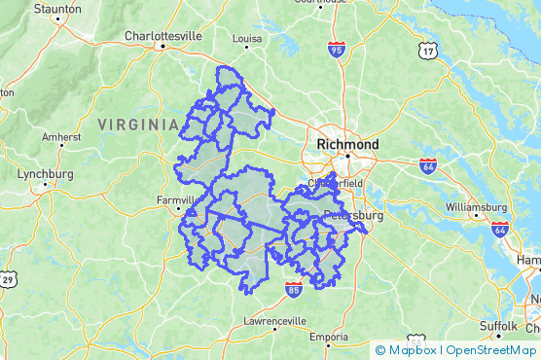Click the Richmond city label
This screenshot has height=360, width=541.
click(341, 144)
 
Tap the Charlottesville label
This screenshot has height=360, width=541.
click(163, 36)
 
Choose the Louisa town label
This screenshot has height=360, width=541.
click(247, 39)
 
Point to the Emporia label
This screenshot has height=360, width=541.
click(329, 337)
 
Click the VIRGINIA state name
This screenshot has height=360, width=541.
click(138, 124)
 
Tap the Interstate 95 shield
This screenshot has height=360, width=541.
click(337, 50)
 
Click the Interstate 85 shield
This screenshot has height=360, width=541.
click(294, 289)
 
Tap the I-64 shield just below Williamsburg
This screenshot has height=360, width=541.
click(500, 229)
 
